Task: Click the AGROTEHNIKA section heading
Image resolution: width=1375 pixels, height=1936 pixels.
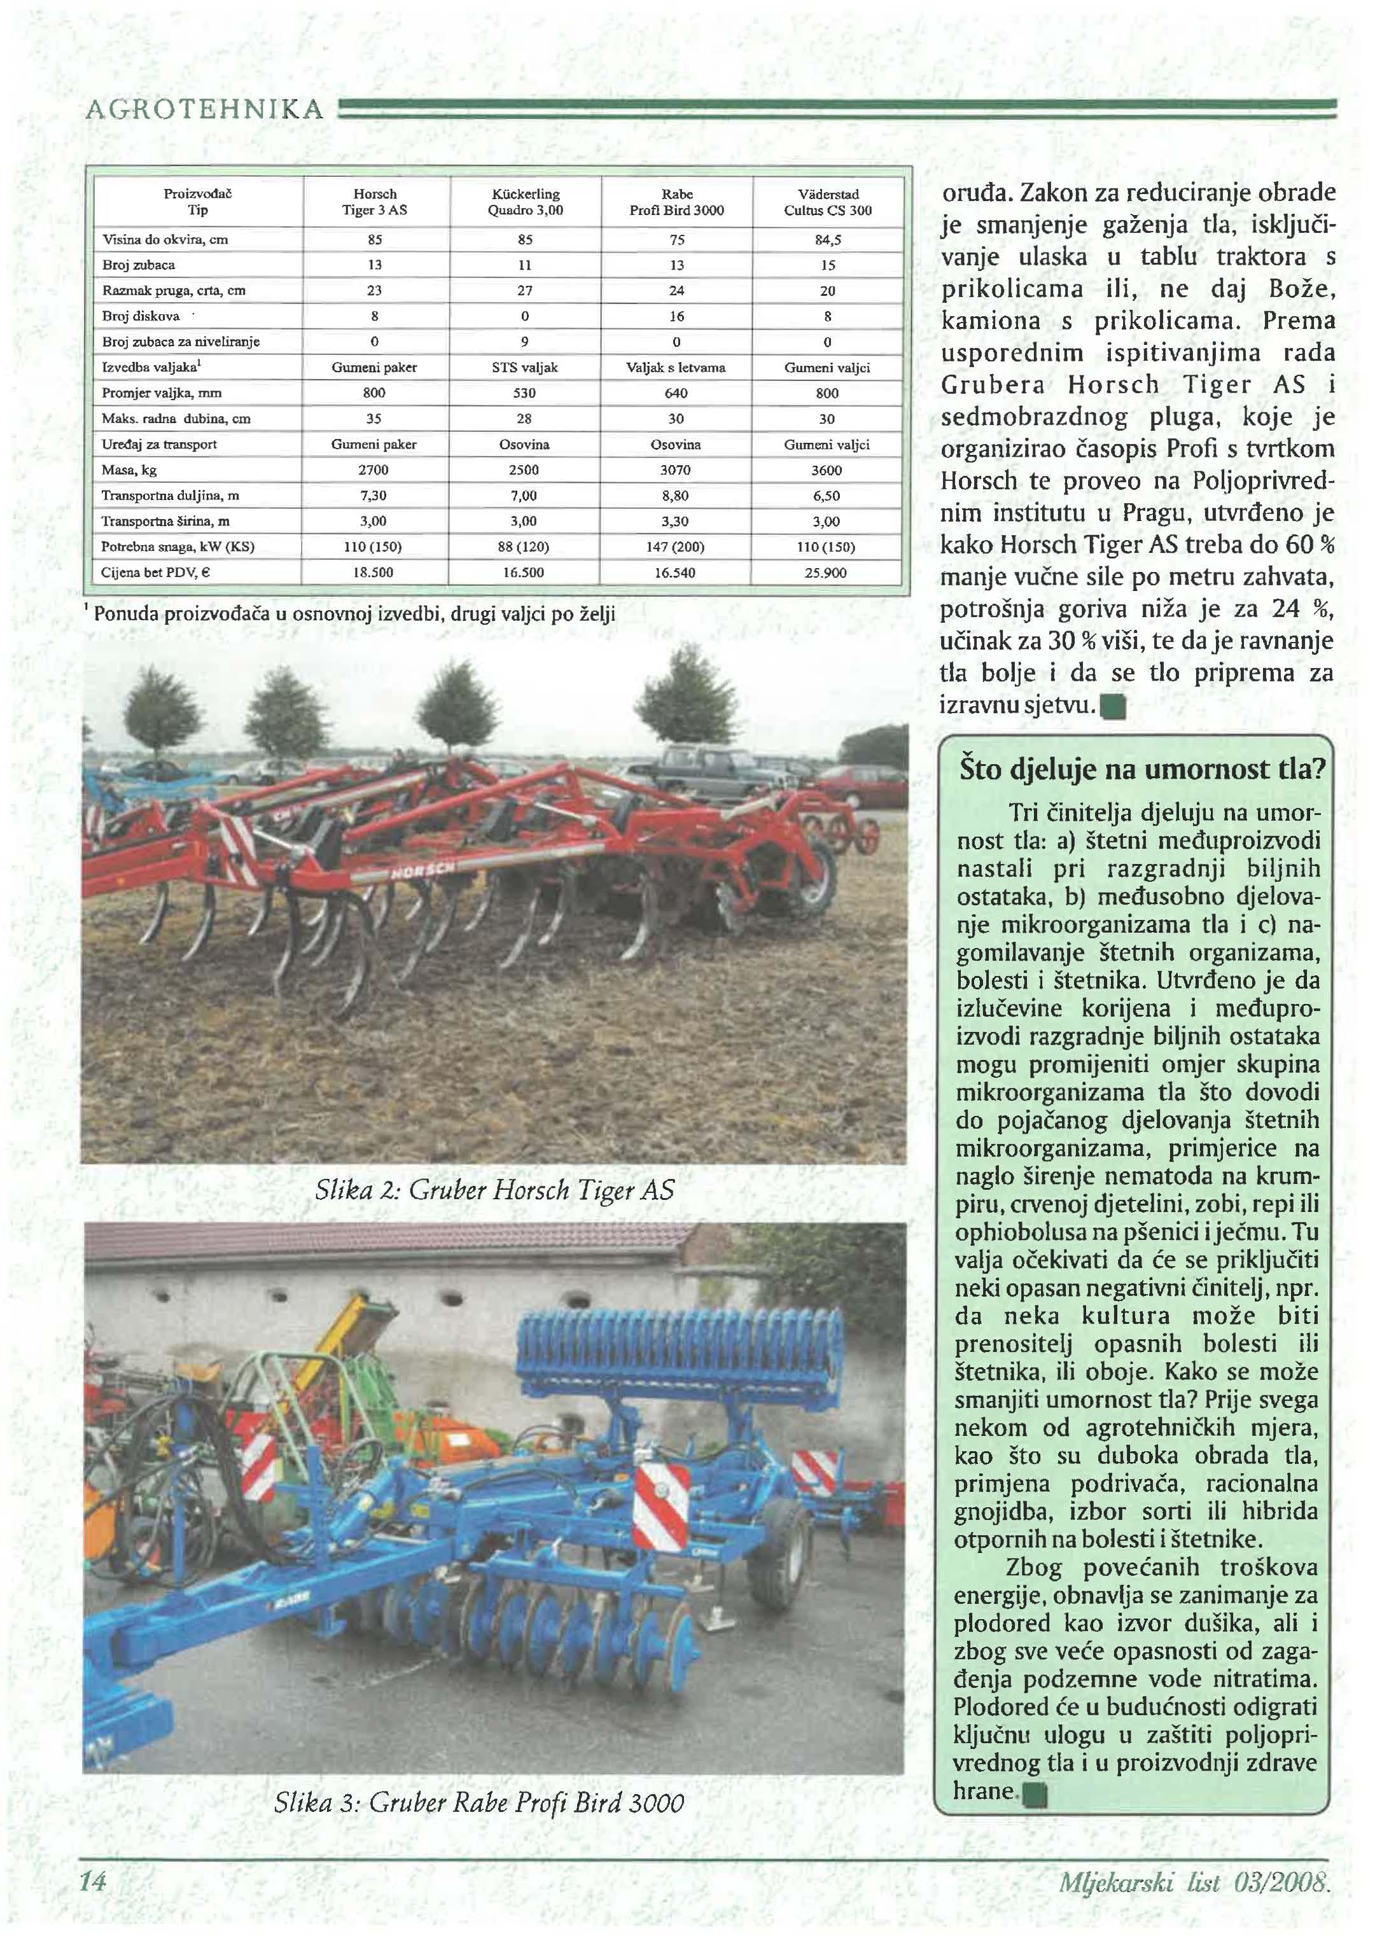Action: coord(203,108)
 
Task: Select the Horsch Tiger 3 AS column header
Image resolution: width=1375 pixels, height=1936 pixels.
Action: coord(374,202)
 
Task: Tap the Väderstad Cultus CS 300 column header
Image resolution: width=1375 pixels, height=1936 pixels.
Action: coord(827,202)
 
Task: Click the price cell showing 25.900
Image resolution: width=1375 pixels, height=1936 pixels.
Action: coord(827,572)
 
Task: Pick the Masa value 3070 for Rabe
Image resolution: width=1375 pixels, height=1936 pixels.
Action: coord(676,470)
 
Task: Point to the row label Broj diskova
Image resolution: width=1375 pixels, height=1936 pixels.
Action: coord(141,317)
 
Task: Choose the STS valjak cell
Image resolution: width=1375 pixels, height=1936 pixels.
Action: coord(525,367)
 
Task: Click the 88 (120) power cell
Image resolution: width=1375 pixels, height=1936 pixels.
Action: coord(525,547)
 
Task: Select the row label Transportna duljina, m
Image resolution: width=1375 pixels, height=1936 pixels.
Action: coord(170,495)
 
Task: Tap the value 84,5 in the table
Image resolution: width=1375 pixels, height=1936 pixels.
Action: coord(827,240)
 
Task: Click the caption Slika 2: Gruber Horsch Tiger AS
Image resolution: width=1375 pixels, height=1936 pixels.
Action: coord(494,1190)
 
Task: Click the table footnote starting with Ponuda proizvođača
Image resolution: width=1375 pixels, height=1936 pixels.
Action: coord(354,613)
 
